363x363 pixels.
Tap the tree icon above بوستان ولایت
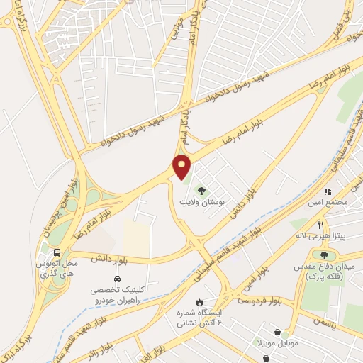click(201, 190)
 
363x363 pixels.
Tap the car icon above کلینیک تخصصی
click(114, 277)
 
